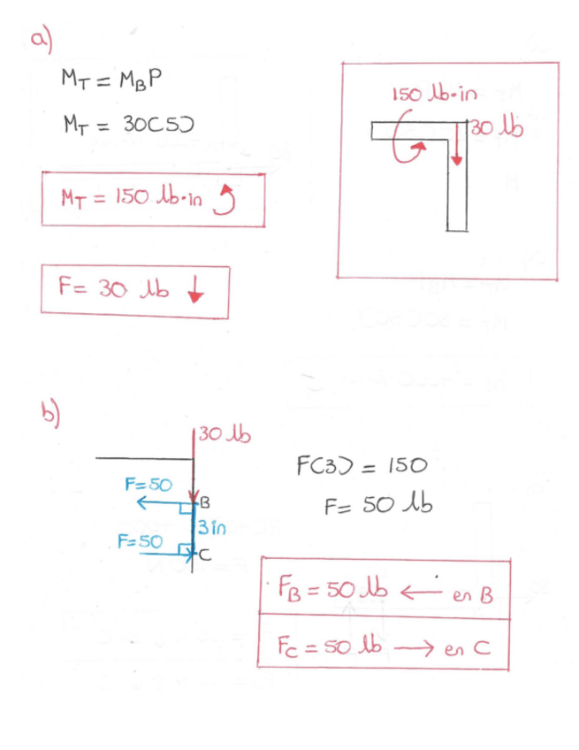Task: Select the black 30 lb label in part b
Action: (225, 435)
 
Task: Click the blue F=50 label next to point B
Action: (148, 485)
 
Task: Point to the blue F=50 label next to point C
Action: (137, 541)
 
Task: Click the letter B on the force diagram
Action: (206, 505)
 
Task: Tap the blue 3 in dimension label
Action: (212, 528)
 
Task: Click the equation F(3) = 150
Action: (359, 464)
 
